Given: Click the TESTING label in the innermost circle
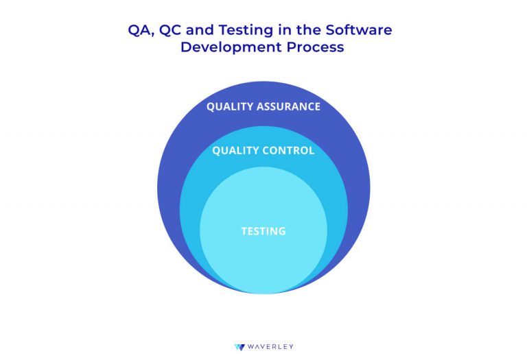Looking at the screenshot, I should (x=263, y=231).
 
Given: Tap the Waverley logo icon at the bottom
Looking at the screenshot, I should (x=239, y=347).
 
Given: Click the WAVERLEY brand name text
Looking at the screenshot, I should (x=270, y=347).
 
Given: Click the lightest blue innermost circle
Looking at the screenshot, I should (x=263, y=261).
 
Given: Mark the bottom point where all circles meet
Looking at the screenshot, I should (x=263, y=293).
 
